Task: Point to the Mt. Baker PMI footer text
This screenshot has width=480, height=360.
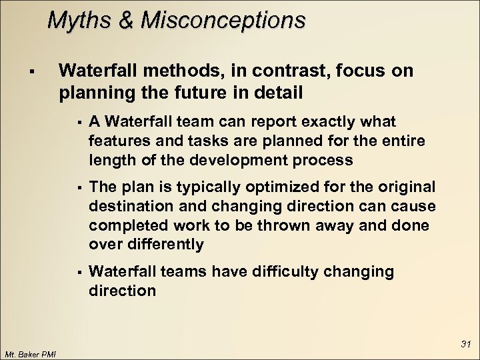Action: [30, 353]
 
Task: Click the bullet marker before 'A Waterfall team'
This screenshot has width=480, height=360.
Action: [79, 122]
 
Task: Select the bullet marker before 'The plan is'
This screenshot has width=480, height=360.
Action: [79, 186]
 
